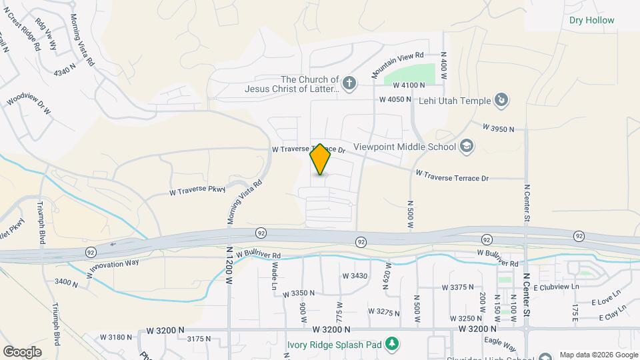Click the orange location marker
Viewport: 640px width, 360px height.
(x=321, y=159)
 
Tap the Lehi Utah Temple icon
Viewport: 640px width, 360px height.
(x=502, y=101)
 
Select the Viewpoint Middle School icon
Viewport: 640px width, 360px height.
(x=466, y=147)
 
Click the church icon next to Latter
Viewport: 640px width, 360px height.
(x=350, y=83)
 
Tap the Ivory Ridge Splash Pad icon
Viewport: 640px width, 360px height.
(x=394, y=343)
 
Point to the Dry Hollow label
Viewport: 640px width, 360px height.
(x=592, y=21)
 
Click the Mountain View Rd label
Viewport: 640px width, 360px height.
(x=398, y=63)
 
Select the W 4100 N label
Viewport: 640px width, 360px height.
(x=409, y=85)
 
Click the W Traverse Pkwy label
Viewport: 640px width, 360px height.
(x=198, y=191)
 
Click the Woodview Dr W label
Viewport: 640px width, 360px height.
(x=29, y=103)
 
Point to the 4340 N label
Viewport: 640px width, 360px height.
(x=66, y=71)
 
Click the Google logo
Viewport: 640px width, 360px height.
(x=22, y=351)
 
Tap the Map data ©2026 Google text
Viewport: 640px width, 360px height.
(x=597, y=355)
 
